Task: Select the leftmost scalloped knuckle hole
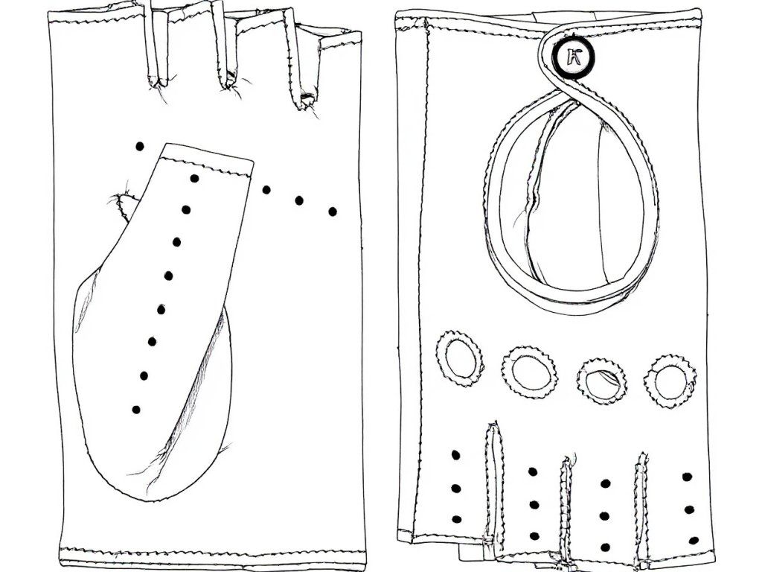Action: [458, 358]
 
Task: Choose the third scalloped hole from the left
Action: [601, 381]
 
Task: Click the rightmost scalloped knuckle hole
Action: [670, 381]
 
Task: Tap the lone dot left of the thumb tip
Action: [138, 147]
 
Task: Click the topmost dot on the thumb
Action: [195, 179]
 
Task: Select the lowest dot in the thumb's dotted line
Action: [135, 409]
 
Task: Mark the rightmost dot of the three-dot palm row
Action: [333, 212]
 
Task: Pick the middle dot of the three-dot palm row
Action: [299, 200]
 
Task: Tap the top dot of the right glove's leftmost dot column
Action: [455, 454]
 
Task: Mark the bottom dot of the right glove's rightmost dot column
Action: [693, 541]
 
